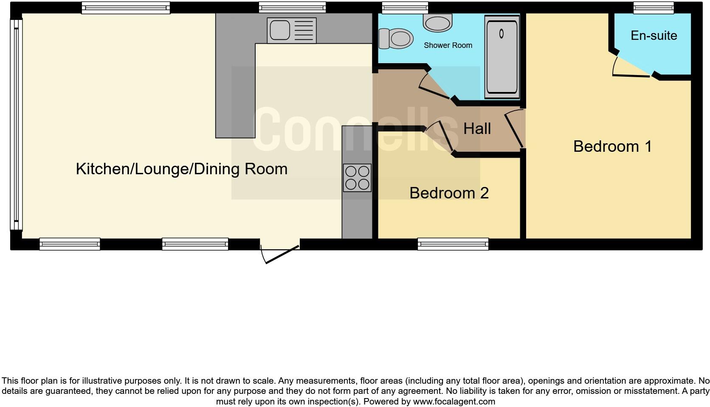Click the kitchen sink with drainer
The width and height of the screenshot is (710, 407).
click(291, 31)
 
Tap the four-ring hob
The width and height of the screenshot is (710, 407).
click(357, 178)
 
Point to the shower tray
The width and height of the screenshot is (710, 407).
click(502, 57)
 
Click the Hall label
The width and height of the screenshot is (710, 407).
click(477, 129)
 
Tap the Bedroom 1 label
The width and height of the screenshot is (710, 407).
click(612, 146)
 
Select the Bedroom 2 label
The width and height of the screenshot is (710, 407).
click(449, 193)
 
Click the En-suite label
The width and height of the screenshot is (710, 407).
click(654, 36)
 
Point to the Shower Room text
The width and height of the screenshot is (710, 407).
click(448, 45)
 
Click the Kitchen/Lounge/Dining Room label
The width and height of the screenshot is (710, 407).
click(182, 169)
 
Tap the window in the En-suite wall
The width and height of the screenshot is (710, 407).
click(654, 7)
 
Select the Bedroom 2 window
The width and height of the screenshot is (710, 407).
click(453, 244)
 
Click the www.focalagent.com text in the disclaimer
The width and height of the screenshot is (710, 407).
click(454, 401)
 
